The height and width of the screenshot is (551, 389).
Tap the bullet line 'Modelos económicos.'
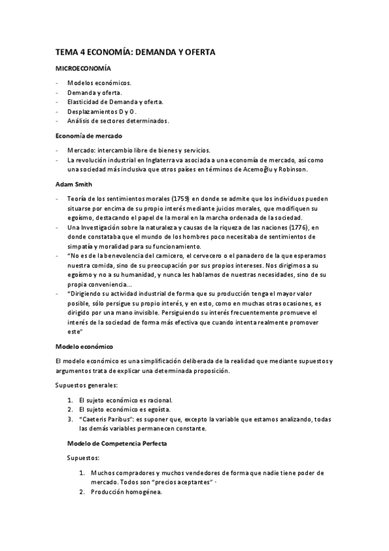point(99,83)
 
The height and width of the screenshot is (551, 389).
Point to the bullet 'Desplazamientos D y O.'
point(101,111)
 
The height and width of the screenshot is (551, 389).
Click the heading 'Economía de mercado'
point(89,136)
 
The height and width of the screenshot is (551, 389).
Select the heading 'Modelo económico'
point(84,346)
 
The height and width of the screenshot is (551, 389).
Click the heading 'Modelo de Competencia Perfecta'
point(116,443)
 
